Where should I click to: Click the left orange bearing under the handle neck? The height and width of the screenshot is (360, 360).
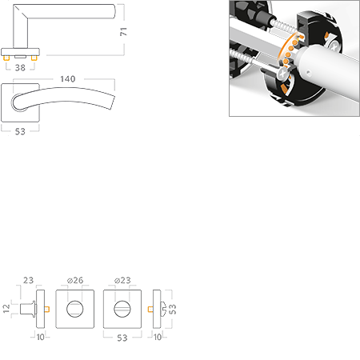point(7,58)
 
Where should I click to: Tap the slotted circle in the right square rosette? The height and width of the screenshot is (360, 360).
point(121,308)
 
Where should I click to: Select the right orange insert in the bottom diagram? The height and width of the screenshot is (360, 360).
point(147,308)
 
